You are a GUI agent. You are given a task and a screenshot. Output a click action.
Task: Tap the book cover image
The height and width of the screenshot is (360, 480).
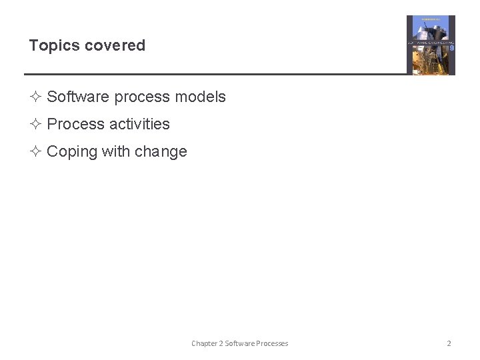(431, 45)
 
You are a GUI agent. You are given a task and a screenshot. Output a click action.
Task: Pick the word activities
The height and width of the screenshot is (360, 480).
(139, 125)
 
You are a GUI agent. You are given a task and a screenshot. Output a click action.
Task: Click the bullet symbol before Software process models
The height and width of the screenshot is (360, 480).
(36, 97)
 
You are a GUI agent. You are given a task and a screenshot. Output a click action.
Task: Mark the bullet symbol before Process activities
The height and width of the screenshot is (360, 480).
(36, 125)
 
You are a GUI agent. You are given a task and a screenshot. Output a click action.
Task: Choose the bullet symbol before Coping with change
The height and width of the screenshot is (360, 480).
(36, 152)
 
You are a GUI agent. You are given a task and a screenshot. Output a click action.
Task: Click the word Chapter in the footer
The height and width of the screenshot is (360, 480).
(204, 344)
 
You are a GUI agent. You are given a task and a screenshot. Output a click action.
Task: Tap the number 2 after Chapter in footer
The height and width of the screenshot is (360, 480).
(221, 344)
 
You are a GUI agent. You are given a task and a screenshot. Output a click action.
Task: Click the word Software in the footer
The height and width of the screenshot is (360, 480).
(239, 344)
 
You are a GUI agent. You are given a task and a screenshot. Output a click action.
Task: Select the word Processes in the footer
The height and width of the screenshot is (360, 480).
(272, 344)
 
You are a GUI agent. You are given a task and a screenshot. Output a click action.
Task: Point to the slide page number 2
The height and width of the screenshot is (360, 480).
(449, 344)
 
